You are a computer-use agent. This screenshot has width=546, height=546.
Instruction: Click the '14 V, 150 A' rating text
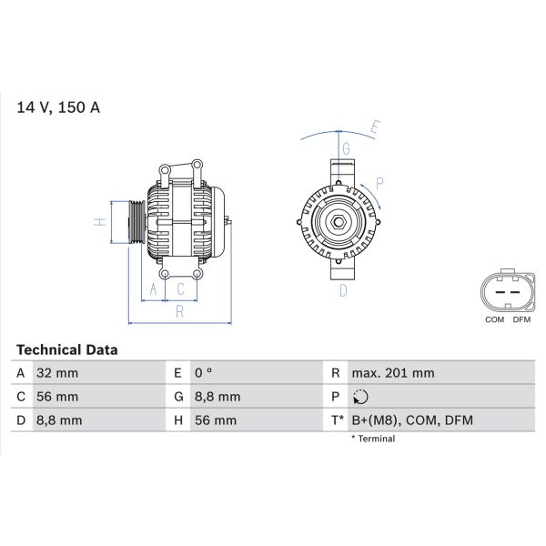click(58, 107)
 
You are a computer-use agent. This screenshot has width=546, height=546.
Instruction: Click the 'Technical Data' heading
click(67, 349)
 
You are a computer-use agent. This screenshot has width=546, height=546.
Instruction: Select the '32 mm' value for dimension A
click(56, 373)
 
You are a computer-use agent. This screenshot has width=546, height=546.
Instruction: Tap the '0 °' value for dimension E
click(203, 373)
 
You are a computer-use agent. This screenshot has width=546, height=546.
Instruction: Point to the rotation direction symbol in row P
click(360, 397)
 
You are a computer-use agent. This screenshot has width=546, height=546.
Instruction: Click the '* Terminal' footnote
click(373, 439)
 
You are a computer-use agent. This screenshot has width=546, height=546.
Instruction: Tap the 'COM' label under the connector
click(495, 319)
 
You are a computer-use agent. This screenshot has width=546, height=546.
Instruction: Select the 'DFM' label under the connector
click(521, 319)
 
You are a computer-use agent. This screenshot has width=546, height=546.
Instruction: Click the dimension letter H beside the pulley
click(102, 221)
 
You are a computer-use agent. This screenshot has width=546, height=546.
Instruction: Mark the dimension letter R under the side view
click(180, 313)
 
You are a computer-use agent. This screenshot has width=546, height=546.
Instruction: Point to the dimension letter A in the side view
click(153, 289)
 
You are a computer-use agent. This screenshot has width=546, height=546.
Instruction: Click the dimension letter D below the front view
click(343, 291)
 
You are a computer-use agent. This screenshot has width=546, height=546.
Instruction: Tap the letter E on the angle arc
click(374, 127)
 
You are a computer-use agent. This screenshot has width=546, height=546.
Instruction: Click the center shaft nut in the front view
click(338, 221)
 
